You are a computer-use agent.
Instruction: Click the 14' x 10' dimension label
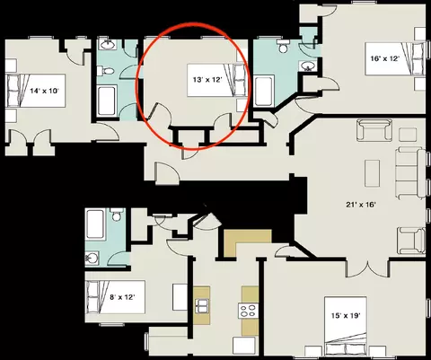point(44,91)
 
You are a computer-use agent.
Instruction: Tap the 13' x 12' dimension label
point(207,80)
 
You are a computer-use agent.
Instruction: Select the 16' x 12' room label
point(385,58)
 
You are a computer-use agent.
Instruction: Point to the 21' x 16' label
point(361,205)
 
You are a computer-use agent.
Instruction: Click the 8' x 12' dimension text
point(122,297)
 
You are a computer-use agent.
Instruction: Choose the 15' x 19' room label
point(346,316)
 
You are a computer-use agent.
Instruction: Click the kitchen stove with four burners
point(248,311)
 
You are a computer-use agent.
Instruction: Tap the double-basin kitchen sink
point(201,305)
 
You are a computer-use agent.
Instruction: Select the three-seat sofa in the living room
point(410,172)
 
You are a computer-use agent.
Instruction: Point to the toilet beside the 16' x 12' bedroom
point(283,46)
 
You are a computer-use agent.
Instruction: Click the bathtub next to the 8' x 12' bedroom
point(95,224)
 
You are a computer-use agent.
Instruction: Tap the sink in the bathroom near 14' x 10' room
point(109,45)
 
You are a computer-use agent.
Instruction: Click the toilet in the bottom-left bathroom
point(116,215)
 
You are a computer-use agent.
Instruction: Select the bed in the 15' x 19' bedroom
point(346,326)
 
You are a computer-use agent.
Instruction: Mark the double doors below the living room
point(368,268)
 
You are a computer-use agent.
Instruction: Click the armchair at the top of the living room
point(374,130)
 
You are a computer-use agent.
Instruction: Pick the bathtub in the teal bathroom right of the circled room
point(264,91)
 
